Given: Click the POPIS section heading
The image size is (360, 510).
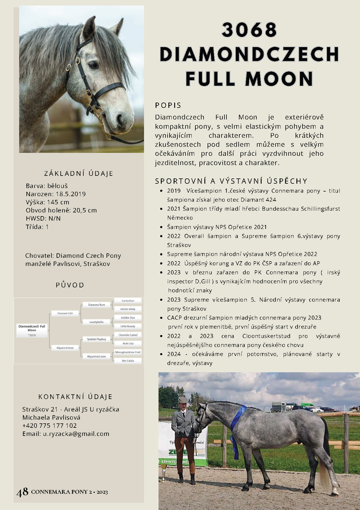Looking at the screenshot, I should click(168, 105).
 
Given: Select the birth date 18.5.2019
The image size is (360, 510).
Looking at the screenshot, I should click(71, 194).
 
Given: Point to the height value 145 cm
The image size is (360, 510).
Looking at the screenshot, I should click(58, 202).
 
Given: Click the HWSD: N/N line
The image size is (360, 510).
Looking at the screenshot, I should click(43, 219).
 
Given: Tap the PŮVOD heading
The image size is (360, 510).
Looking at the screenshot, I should click(70, 285).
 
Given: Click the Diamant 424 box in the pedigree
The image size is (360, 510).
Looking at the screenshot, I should click(65, 313).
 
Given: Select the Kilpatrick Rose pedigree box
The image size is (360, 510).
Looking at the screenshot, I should click(65, 348).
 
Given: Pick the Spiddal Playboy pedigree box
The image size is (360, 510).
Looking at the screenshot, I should click(96, 339).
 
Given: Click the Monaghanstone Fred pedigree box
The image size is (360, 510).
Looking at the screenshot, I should click(128, 352).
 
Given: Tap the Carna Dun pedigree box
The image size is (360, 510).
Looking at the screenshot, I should click(128, 301).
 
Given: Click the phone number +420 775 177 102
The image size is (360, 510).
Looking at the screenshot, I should click(50, 426).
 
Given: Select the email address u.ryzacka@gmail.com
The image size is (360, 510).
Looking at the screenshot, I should click(76, 434).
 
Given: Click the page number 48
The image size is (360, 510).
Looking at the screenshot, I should click(22, 492).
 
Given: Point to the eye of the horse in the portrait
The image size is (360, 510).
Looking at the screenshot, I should click(93, 65).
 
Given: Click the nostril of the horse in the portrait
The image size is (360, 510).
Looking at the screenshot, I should click(120, 119).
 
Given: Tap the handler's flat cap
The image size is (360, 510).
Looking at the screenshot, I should click(182, 400).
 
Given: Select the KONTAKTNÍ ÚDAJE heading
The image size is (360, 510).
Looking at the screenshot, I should click(75, 397).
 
